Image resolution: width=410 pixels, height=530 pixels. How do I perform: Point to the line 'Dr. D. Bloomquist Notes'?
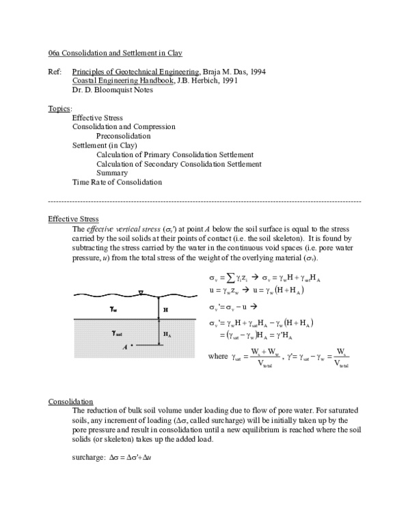(113, 89)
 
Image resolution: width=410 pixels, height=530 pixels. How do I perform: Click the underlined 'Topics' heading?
(59, 109)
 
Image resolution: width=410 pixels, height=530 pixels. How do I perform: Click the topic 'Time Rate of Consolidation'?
(117, 182)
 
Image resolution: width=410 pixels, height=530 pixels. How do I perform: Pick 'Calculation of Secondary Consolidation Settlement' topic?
(179, 164)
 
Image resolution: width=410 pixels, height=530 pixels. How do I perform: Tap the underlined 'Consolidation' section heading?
(70, 402)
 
